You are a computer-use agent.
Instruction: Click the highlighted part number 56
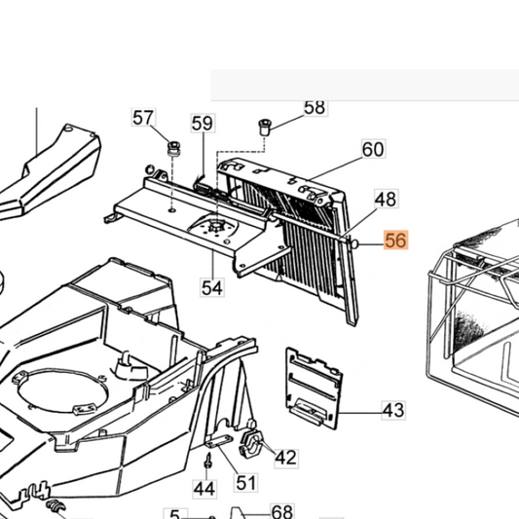pos(396,240)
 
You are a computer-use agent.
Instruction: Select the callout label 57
pos(144,118)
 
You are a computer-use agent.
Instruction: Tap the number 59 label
pos(203,124)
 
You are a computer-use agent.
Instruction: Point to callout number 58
pos(315,108)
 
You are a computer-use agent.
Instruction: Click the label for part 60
pos(373,149)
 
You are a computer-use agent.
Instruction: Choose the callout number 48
pos(387,200)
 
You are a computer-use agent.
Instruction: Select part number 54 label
pos(212,287)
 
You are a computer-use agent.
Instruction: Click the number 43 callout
pos(393,411)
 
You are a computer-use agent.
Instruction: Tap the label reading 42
pos(286,458)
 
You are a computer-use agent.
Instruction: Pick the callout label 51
pos(246,482)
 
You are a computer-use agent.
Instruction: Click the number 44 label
pos(204,489)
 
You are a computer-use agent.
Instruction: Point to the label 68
pos(282,512)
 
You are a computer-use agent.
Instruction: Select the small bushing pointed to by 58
pos(264,128)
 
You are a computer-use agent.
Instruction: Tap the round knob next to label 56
pos(353,244)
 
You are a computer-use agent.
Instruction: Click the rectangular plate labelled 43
pos(314,388)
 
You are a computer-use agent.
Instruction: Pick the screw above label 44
pos(207,461)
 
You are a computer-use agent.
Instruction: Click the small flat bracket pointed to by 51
pos(219,441)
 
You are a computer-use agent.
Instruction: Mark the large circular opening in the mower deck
pos(63,391)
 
